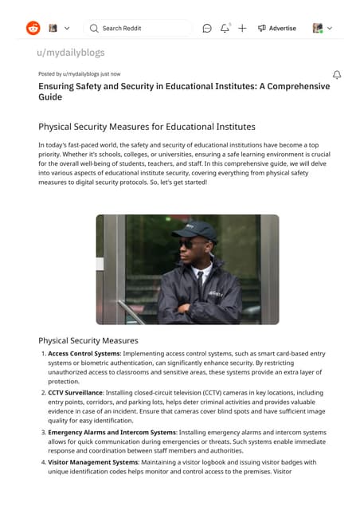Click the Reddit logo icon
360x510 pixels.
33,28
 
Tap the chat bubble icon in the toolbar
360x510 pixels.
207,28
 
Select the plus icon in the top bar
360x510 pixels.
242,28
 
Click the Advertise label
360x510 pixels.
282,28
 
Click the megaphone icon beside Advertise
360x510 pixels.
262,28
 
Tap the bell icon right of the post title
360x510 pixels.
337,75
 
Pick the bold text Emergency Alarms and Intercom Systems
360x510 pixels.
108,433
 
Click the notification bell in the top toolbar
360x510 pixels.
225,28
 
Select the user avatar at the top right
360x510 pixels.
317,28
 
